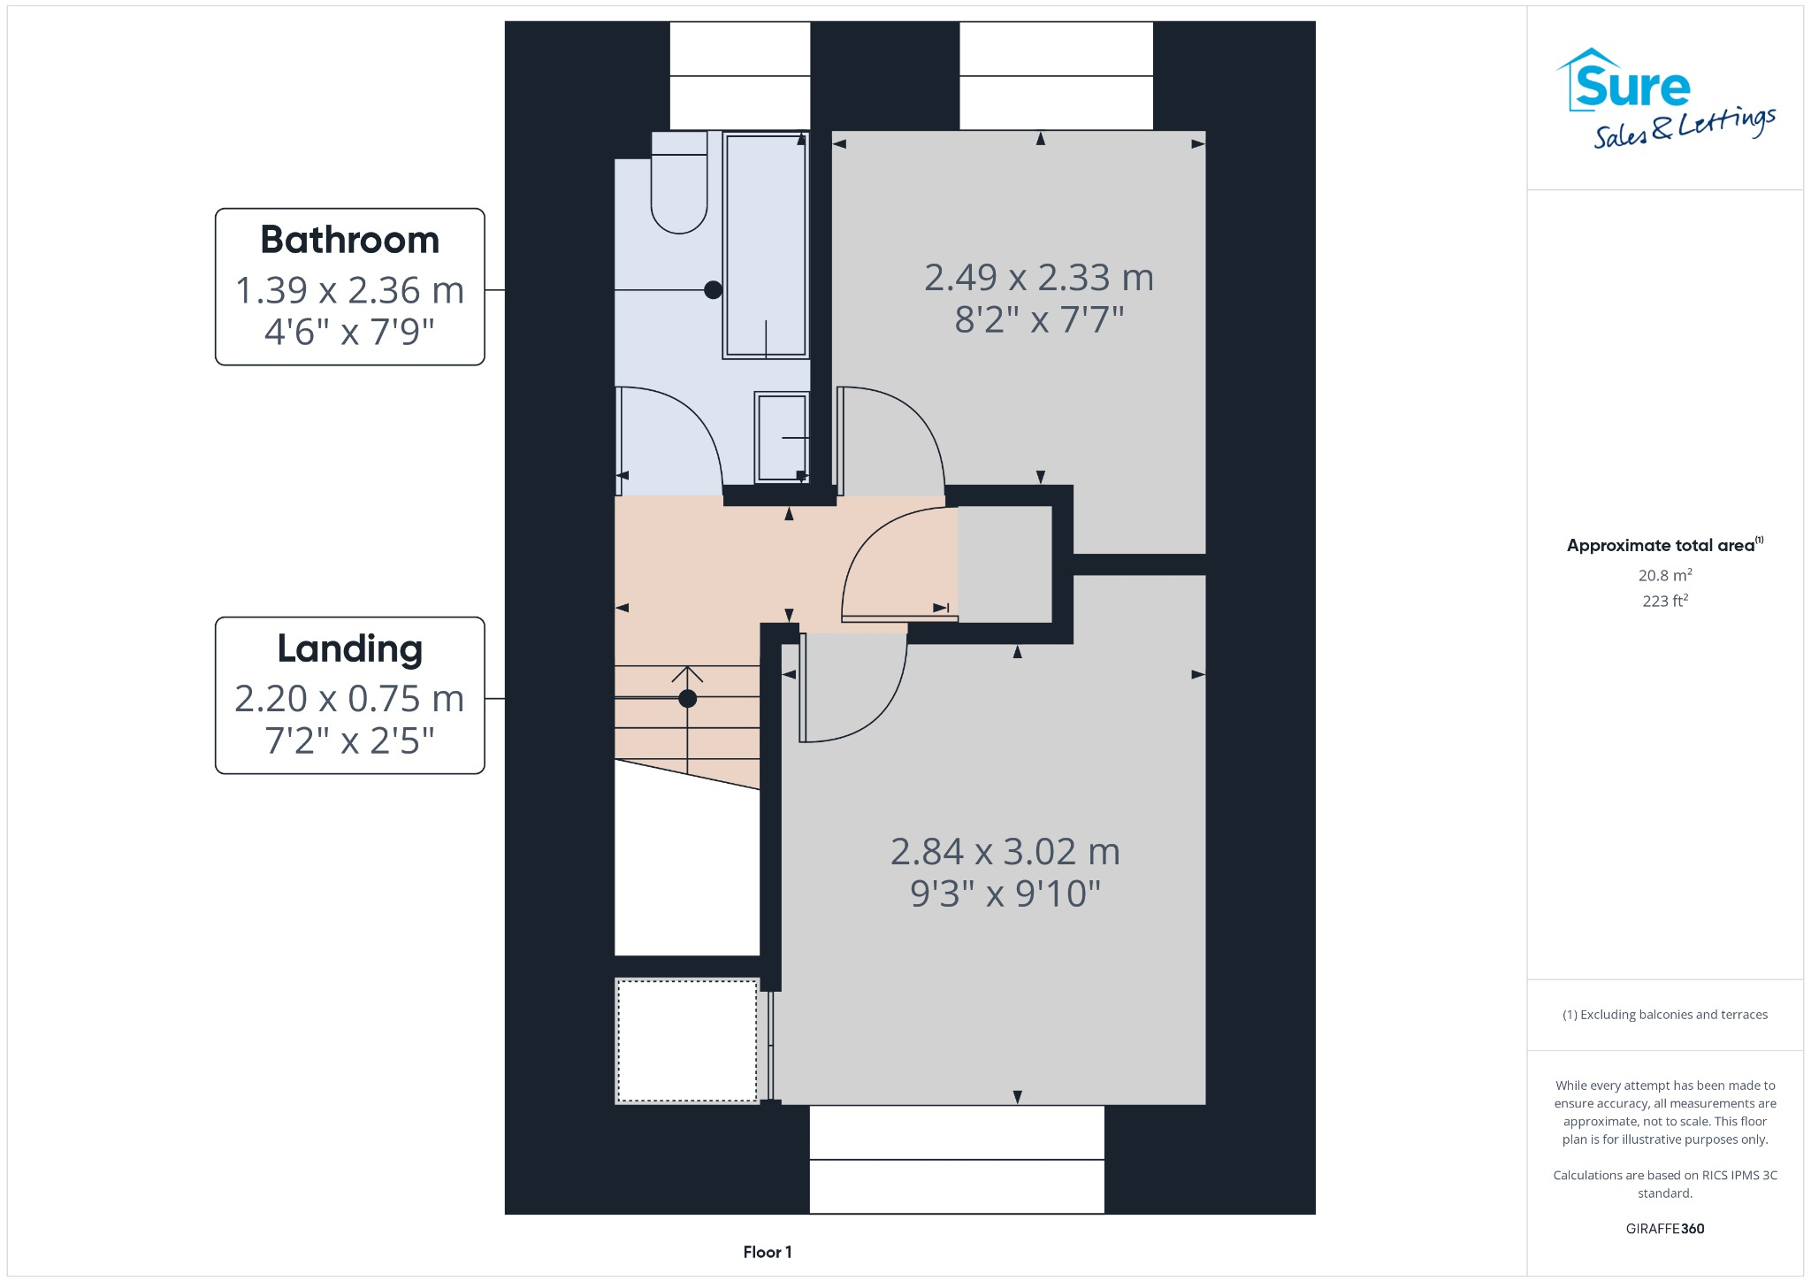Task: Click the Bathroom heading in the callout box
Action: coord(349,240)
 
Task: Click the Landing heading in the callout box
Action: coord(349,649)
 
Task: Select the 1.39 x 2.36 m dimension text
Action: coord(349,290)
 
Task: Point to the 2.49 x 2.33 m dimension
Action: coord(1039,278)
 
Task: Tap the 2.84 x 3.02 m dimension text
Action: coord(1005,852)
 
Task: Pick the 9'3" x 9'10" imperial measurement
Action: coord(1005,894)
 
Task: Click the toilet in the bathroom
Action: coord(679,182)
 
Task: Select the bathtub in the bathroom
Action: coord(765,244)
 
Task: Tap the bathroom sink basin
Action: coord(782,437)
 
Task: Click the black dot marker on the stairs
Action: coord(688,699)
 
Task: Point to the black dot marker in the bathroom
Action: coord(714,289)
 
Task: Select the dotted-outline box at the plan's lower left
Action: coord(687,1040)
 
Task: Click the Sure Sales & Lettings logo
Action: coord(1665,98)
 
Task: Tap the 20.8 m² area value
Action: coord(1665,575)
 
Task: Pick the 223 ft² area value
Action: coord(1665,601)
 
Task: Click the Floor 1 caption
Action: coord(768,1252)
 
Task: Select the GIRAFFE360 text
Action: coord(1665,1229)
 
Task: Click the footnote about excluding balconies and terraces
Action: coord(1665,1015)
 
